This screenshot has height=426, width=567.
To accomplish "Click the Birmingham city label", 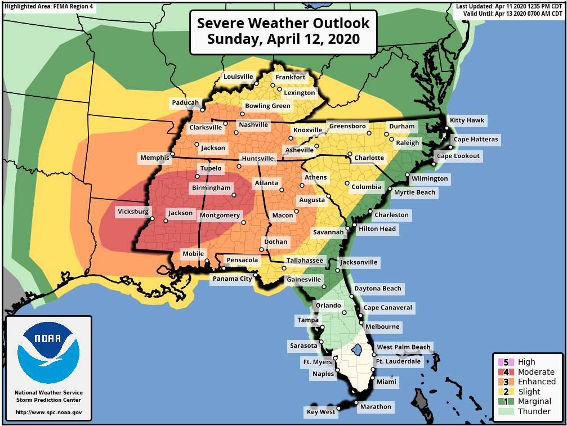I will coord(211,187).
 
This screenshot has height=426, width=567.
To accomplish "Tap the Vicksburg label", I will coord(133,212).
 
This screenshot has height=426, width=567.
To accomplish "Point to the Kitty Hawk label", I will coord(467,120).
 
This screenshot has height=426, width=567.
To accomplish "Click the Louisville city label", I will coord(238,77).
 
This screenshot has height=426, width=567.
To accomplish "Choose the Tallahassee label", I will coord(305,261).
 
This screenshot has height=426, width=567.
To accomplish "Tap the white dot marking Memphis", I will coord(173,154).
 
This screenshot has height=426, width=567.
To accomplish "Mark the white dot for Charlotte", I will coord(350,154).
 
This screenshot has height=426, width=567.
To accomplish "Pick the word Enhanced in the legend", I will coord(537,382).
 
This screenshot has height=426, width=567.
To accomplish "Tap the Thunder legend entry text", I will coord(534,411).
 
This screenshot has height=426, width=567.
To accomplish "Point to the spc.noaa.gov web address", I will coord(48,412).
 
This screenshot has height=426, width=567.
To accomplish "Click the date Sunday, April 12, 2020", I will coord(283,40).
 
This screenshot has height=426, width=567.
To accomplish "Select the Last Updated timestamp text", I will coord(510,6).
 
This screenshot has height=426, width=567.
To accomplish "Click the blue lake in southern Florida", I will coord(356,351).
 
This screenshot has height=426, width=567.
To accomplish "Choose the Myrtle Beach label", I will coord(414,192).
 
